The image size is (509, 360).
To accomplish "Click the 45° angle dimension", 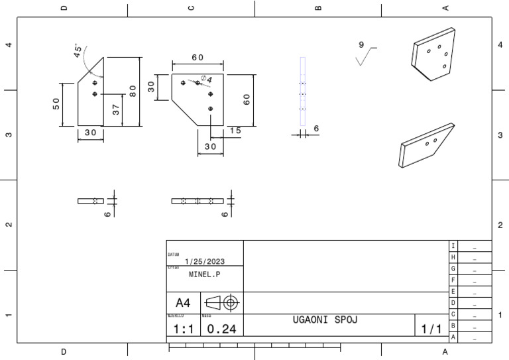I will [79, 51].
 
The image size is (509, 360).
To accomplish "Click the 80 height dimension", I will [133, 91].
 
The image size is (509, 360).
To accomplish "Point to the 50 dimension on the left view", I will [56, 104].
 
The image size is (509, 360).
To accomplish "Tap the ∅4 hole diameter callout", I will [206, 80].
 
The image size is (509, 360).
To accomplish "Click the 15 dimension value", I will [235, 131].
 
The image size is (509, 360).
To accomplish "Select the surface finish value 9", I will [361, 44].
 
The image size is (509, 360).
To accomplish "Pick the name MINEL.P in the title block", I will [204, 274].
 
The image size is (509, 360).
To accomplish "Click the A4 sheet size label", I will [183, 302].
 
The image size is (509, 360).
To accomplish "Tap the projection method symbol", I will [222, 302].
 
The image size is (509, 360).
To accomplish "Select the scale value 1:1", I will [184, 329].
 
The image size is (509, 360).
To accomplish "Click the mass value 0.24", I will [221, 329].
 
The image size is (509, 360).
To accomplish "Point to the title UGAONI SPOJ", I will [325, 320].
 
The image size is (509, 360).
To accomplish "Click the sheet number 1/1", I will [431, 329].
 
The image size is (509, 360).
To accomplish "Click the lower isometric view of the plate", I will [425, 144].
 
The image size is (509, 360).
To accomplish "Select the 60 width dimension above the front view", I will [198, 58].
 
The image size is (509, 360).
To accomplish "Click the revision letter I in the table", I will [453, 246].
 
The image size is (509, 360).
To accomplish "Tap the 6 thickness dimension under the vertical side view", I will [316, 129].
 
